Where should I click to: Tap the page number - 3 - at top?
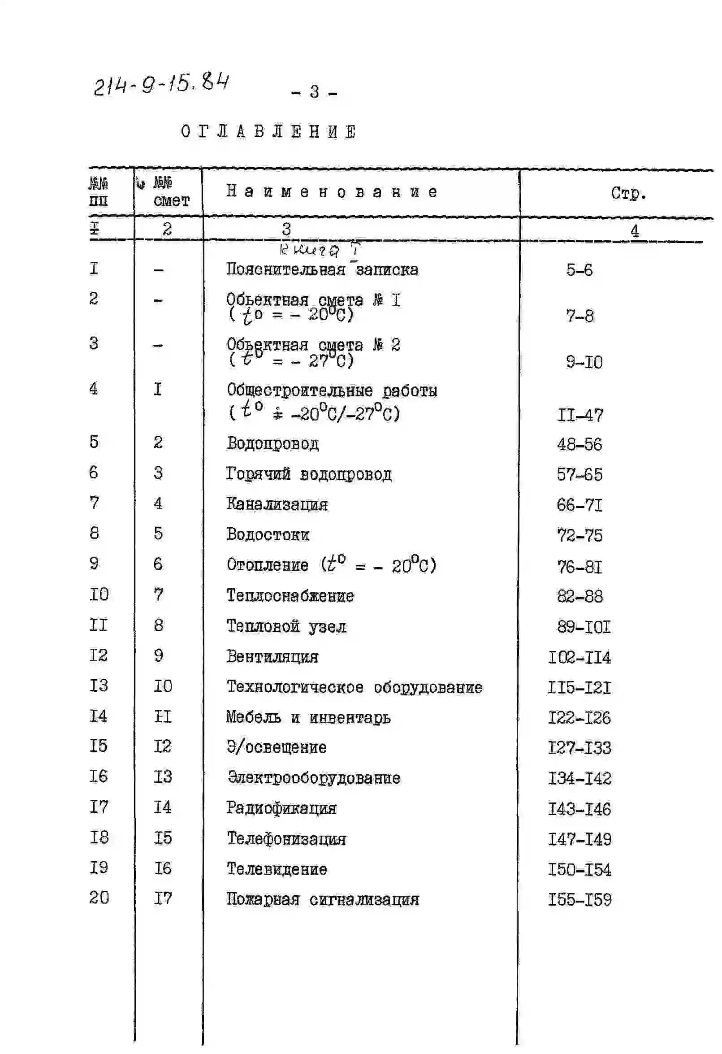(314, 92)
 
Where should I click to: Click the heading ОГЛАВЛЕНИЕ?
(268, 132)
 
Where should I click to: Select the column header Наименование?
(332, 192)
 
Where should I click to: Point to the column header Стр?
(628, 194)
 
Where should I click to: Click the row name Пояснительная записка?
(322, 270)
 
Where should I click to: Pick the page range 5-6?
(579, 270)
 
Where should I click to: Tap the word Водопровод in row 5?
(272, 443)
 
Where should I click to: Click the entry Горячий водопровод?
(309, 474)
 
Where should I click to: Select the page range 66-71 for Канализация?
(579, 505)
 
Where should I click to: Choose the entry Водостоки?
(268, 535)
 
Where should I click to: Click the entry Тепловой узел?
(286, 626)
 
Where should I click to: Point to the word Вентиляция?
(272, 657)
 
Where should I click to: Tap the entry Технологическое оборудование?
(354, 687)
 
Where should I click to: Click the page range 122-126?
(579, 717)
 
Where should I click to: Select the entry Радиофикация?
(281, 808)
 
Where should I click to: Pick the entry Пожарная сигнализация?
(323, 899)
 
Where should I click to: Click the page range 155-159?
(579, 900)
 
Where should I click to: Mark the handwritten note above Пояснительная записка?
(320, 250)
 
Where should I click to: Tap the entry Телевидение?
(277, 869)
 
